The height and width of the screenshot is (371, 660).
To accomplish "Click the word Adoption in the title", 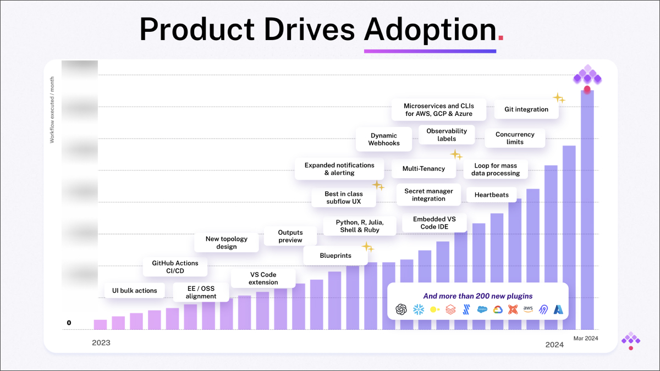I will (x=430, y=30).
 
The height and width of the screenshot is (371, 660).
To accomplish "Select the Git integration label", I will (x=526, y=109).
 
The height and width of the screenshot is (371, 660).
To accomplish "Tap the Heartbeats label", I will (x=491, y=195).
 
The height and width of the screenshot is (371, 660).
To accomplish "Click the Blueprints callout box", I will (x=335, y=256).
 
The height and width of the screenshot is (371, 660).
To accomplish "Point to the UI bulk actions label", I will (x=131, y=290).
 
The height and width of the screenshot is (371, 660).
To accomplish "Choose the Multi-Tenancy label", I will (x=424, y=169).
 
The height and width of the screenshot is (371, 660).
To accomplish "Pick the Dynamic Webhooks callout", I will (x=383, y=140).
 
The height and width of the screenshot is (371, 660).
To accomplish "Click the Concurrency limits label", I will (x=515, y=138).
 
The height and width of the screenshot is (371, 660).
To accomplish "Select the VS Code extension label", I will (x=263, y=278).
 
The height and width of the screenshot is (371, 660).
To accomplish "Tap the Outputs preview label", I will (x=290, y=236).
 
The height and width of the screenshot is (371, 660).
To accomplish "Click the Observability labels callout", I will (x=447, y=135).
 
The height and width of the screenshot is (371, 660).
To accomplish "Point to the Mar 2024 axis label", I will (x=586, y=338).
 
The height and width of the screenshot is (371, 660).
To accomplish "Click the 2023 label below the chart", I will (x=101, y=343).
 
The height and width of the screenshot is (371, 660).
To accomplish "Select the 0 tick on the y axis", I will (x=69, y=323).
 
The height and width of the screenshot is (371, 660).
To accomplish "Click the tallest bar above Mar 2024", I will (x=587, y=209).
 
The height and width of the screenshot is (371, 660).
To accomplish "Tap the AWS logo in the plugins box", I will (x=529, y=309).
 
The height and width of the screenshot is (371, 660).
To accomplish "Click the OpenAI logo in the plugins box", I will (x=402, y=309).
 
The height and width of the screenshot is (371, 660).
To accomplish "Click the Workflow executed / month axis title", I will (x=52, y=110).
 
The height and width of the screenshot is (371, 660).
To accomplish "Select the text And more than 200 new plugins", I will (x=477, y=296).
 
